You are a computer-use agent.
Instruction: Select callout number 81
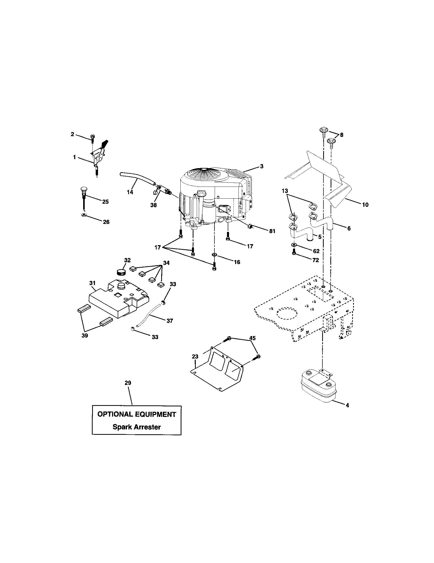pos(272,231)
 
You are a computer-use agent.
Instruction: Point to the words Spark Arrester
pos(137,427)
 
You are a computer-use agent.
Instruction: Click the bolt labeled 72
pos(294,253)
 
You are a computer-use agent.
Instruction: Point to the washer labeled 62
pos(294,244)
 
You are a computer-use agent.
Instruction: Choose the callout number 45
pos(253,338)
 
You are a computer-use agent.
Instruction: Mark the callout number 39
pos(85,335)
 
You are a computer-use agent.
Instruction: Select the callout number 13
pos(285,191)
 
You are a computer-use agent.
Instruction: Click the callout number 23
pos(195,357)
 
